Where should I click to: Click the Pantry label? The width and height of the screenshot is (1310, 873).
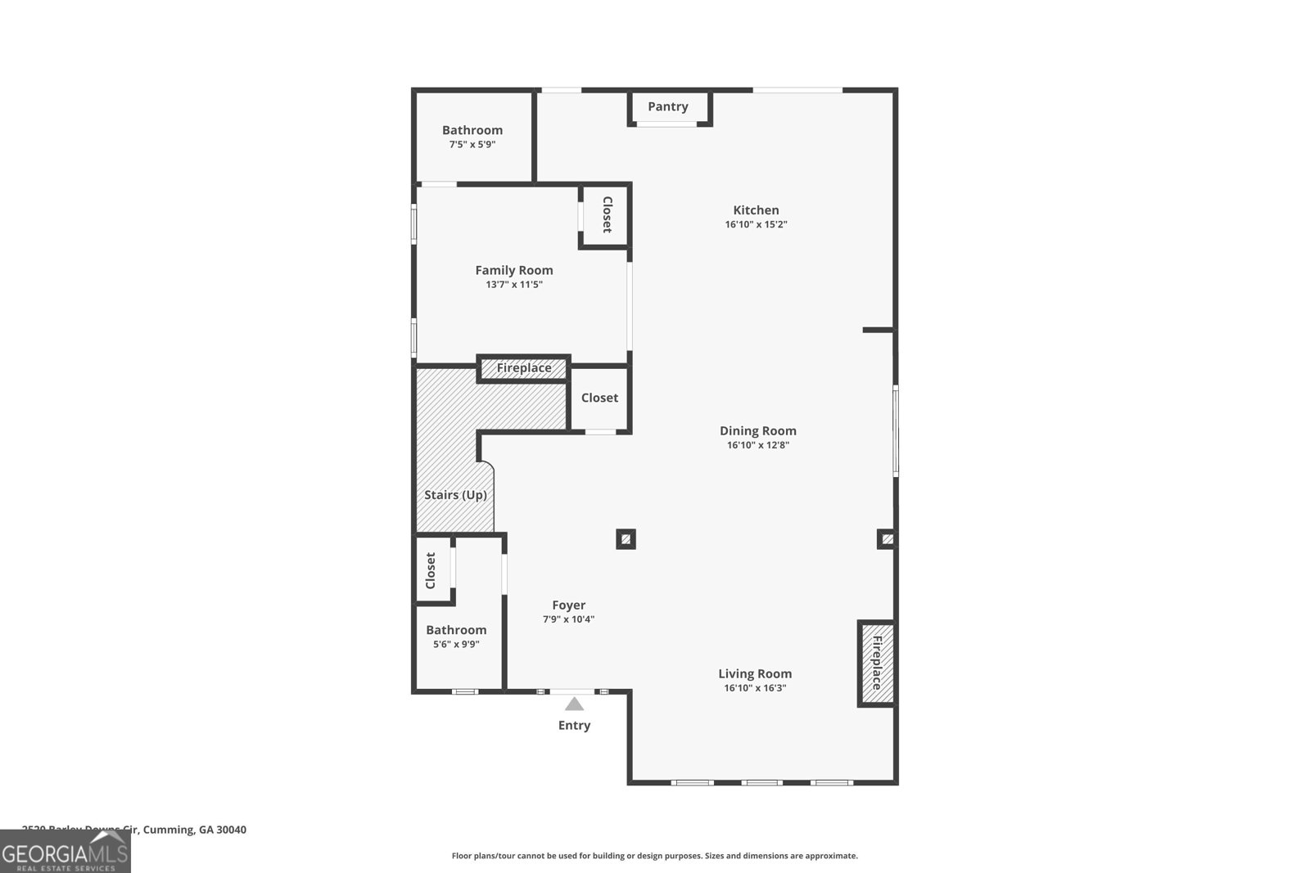(667, 106)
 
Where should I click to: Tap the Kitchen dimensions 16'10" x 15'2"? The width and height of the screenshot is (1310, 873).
(756, 224)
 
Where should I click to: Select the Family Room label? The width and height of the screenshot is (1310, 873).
(514, 270)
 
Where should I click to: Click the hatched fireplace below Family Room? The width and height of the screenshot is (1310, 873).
(523, 368)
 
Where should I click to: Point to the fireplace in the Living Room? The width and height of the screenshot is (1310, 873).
(876, 663)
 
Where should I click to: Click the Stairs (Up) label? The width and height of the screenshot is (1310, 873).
(455, 495)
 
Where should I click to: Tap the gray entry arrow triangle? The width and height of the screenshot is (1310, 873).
(575, 704)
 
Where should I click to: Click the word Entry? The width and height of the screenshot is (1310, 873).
(574, 726)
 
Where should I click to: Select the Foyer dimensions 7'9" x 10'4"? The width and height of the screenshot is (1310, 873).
(568, 619)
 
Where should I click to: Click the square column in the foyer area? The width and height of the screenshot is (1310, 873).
(626, 539)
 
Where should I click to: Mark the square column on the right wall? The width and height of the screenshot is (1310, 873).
(887, 539)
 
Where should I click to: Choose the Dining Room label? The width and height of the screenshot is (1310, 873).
(757, 430)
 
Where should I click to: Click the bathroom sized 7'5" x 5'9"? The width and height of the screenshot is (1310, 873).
(472, 137)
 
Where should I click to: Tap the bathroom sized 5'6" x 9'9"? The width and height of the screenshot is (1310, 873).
(456, 637)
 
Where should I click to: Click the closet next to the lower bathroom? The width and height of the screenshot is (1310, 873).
(431, 570)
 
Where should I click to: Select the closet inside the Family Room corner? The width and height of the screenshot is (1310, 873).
(606, 214)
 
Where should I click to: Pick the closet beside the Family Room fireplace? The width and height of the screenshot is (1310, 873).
(599, 398)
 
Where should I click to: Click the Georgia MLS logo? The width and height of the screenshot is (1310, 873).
(65, 852)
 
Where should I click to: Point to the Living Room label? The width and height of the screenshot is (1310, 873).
(755, 673)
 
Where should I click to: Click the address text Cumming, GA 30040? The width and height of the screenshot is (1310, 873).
(194, 830)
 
